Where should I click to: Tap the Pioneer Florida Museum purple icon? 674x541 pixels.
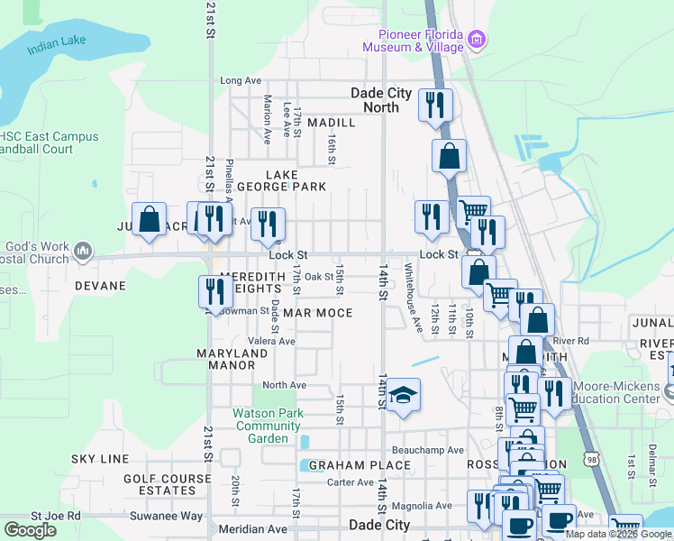(x=478, y=39)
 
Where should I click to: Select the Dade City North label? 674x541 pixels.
(x=380, y=100)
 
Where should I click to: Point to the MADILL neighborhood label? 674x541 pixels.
(x=331, y=122)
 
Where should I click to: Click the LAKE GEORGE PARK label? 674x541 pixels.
(x=281, y=180)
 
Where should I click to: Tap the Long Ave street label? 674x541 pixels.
(x=240, y=81)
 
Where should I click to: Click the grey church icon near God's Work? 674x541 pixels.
(x=83, y=250)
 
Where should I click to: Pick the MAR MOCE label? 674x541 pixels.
(x=317, y=313)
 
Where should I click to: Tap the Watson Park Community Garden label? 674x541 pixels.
(x=268, y=426)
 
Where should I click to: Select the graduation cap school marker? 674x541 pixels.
(x=405, y=394)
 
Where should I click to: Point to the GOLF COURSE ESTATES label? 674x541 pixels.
(x=159, y=484)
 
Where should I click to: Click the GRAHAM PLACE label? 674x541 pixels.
(x=360, y=465)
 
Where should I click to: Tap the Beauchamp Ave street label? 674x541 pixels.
(x=427, y=450)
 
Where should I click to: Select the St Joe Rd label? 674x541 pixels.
(x=55, y=517)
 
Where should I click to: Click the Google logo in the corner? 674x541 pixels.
(x=30, y=530)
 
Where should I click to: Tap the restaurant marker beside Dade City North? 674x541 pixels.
(x=435, y=105)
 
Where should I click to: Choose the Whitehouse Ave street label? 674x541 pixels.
(x=413, y=296)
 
